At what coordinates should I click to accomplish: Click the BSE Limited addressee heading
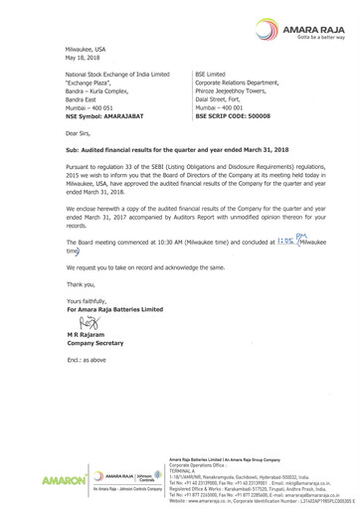click(x=211, y=75)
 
